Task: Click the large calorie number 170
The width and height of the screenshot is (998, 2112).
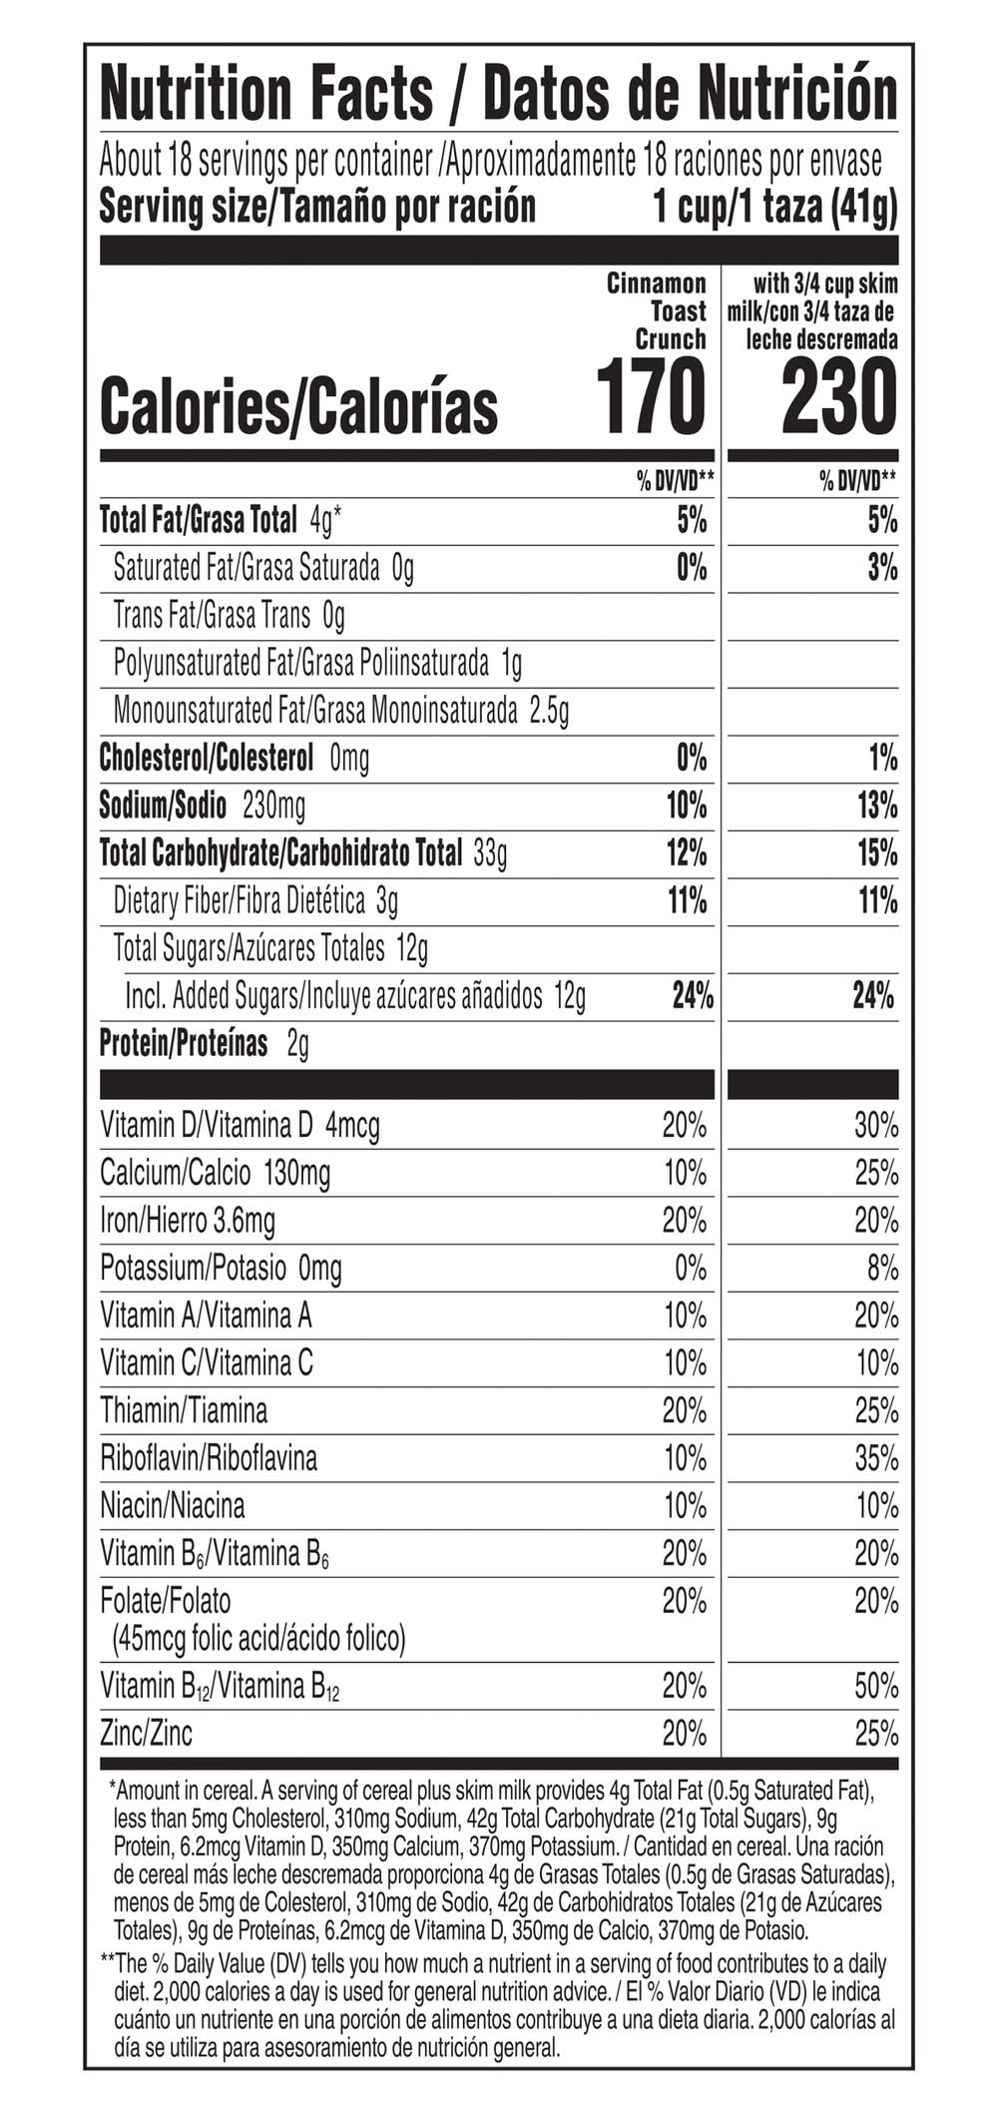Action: coord(651,398)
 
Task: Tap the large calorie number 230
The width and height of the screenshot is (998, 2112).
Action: coord(839,398)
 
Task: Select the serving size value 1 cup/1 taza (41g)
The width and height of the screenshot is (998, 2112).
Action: coord(774,207)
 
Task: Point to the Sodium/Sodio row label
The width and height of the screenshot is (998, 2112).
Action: coord(163,804)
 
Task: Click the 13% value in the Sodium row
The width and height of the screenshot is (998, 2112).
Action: coord(877,805)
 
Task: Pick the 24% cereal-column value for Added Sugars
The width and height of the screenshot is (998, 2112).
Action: coord(693,995)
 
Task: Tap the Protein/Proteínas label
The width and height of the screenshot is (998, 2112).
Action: coord(184,1043)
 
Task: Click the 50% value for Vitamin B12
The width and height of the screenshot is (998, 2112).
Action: coord(876,1686)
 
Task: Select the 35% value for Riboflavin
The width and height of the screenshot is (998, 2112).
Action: coord(876,1458)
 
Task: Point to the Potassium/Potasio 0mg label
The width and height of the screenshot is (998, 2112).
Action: coord(221,1268)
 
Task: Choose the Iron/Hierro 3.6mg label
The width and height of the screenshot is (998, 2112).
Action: coord(188,1220)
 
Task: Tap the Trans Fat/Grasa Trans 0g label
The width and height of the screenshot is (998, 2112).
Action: coord(229,615)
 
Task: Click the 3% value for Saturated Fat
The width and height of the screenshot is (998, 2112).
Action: coord(882,568)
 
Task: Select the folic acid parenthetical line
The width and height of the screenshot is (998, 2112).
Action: coord(259,1638)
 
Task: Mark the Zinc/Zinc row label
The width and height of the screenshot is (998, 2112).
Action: coord(147,1733)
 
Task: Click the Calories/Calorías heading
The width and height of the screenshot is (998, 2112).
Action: coord(298,406)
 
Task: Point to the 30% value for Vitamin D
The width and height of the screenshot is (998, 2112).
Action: coord(876,1126)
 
